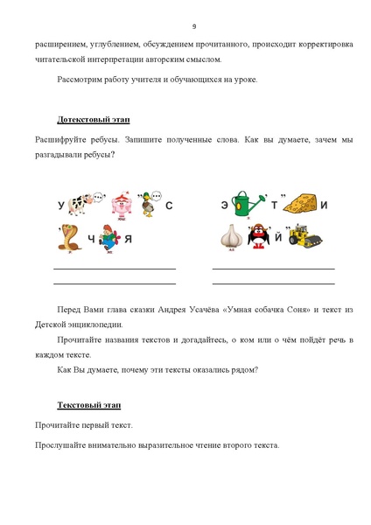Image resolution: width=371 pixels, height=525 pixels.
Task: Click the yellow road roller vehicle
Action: coord(305,235)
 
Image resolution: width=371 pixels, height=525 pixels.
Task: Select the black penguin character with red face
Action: coord(257,236)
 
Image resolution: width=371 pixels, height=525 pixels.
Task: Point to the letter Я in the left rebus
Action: coord(128,239)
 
